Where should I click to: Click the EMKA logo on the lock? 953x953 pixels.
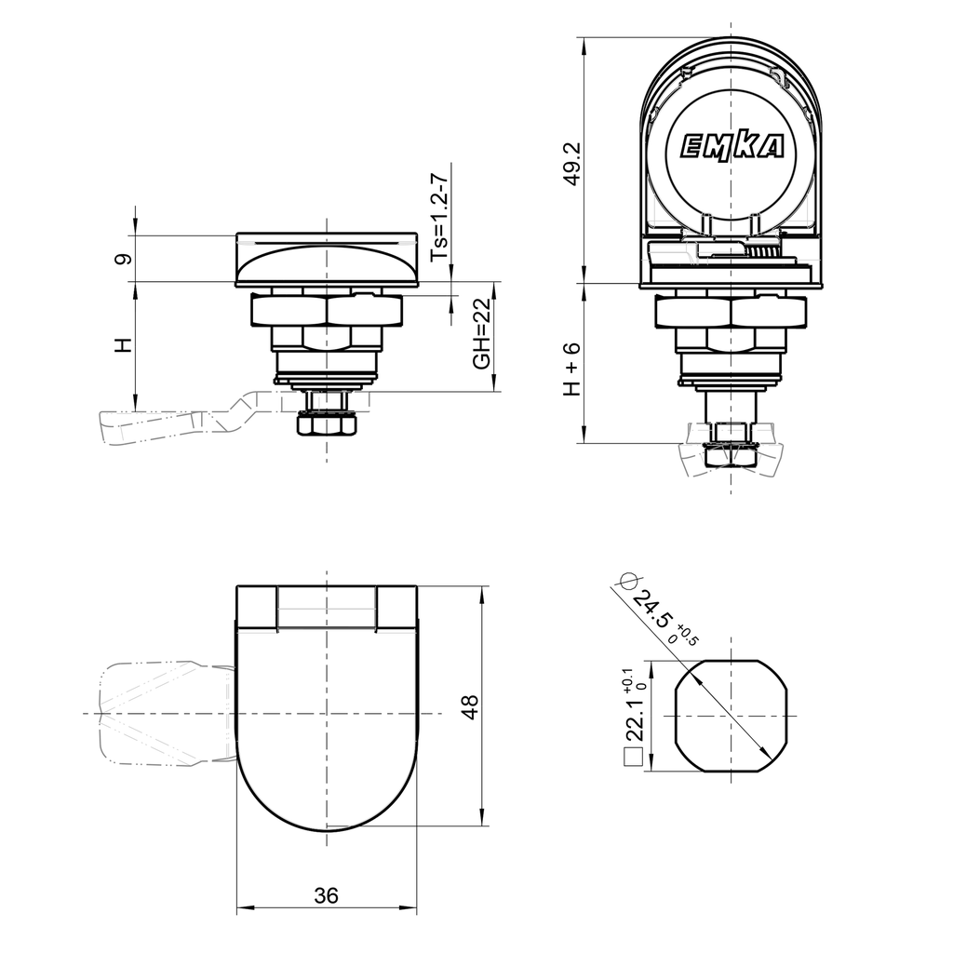[732, 146]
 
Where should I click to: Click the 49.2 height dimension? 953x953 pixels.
[573, 164]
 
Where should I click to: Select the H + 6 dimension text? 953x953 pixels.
[572, 369]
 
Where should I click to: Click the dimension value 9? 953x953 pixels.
[122, 259]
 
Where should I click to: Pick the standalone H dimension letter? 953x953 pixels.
[122, 345]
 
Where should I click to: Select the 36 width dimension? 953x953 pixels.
[326, 895]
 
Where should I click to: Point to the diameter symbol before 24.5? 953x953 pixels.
[626, 581]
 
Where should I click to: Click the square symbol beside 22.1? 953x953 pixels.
[633, 758]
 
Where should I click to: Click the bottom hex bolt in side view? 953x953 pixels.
[327, 425]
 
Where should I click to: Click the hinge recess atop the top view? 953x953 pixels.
[327, 609]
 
